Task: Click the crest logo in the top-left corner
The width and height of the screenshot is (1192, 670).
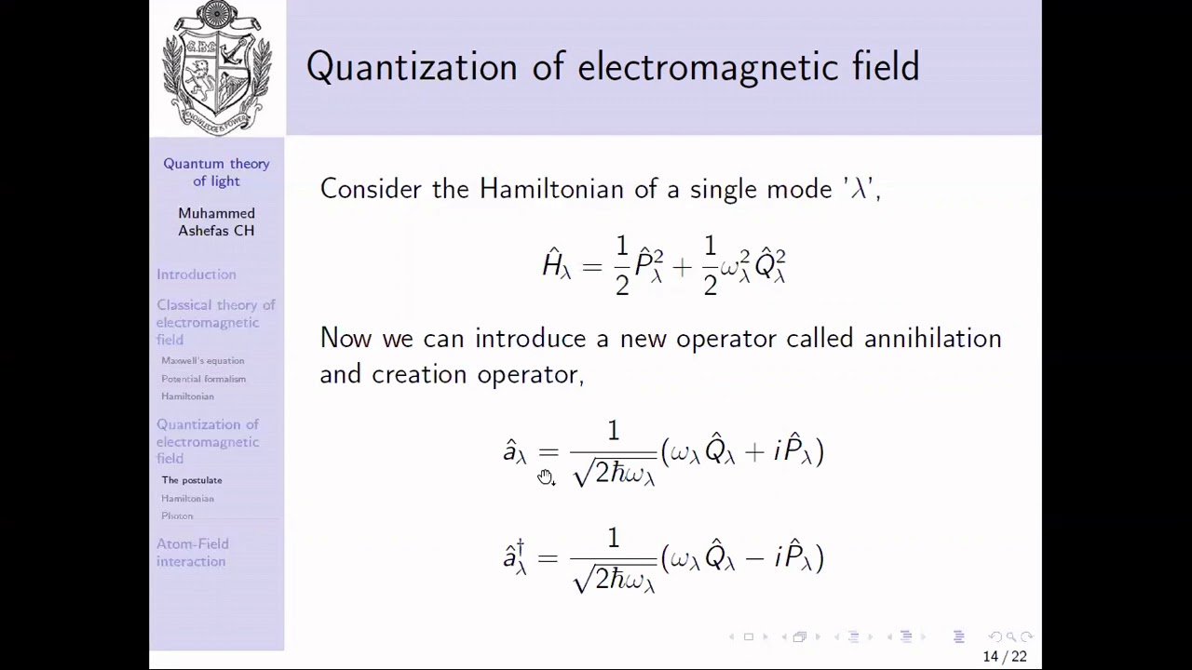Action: pyautogui.click(x=217, y=67)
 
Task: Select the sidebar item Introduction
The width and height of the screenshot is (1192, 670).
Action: pyautogui.click(x=196, y=275)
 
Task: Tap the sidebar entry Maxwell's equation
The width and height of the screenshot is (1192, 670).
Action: pyautogui.click(x=202, y=361)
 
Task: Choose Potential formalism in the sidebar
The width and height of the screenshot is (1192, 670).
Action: pyautogui.click(x=203, y=379)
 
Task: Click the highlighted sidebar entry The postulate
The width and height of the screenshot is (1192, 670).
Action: pyautogui.click(x=192, y=480)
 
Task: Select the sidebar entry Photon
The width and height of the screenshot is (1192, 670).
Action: pyautogui.click(x=177, y=516)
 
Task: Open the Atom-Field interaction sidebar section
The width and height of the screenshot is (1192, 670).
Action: pyautogui.click(x=192, y=553)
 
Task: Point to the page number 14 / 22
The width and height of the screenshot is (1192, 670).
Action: pyautogui.click(x=1004, y=657)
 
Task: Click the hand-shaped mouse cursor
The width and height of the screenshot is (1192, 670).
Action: pyautogui.click(x=546, y=477)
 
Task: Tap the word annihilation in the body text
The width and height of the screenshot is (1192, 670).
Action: pyautogui.click(x=932, y=338)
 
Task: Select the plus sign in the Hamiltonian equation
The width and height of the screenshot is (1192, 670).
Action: pyautogui.click(x=682, y=268)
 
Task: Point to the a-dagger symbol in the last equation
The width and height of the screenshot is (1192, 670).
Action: pyautogui.click(x=515, y=556)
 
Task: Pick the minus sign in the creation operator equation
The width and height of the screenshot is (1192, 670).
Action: pyautogui.click(x=755, y=558)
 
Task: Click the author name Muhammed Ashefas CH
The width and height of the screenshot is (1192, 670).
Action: pyautogui.click(x=216, y=221)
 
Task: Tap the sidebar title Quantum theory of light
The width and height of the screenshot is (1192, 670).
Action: pyautogui.click(x=216, y=172)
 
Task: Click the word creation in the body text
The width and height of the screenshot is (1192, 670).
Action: pyautogui.click(x=421, y=374)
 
